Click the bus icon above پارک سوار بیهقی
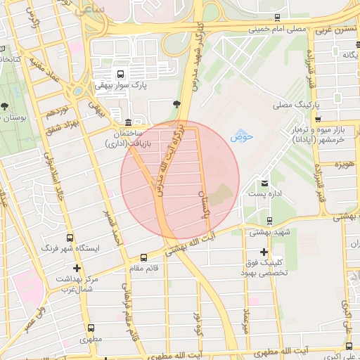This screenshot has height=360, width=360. tap(121, 73)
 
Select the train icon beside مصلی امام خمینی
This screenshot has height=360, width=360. tap(279, 18)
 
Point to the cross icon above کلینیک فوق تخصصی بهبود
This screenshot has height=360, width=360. tap(264, 252)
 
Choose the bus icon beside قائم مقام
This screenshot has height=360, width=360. tap(144, 257)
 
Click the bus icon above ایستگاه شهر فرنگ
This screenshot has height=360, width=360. tap(70, 238)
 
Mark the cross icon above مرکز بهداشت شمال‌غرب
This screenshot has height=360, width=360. tap(76, 268)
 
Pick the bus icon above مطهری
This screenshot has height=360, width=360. tap(92, 328)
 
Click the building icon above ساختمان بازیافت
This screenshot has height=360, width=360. tap(127, 122)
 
